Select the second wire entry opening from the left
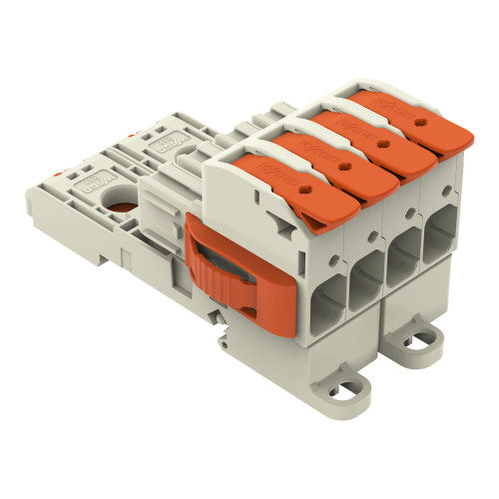(x=364, y=278)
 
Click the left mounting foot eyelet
(x=356, y=382)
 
